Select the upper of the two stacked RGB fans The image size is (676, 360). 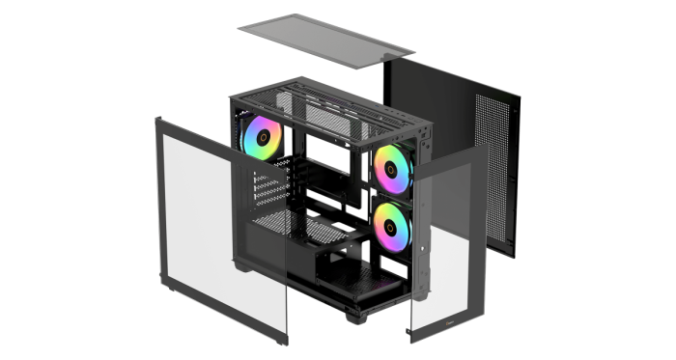[x=395, y=166]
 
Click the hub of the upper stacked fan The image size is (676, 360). [x=395, y=166]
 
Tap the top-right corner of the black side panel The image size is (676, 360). [x=520, y=97]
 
